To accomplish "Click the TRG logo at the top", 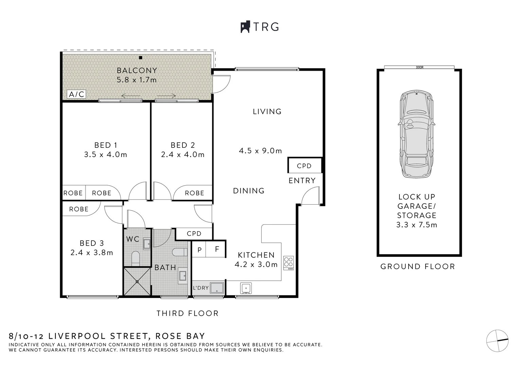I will [x=260, y=27].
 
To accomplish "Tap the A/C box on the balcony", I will [x=76, y=94].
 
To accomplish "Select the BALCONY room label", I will [x=137, y=70].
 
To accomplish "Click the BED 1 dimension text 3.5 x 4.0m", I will [x=106, y=155].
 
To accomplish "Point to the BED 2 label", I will [x=183, y=145].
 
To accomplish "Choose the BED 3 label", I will [x=92, y=243].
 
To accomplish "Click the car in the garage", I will [x=416, y=134].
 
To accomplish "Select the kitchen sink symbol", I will [x=246, y=288].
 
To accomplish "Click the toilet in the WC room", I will [x=136, y=258].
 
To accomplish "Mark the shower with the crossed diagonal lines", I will [x=137, y=281].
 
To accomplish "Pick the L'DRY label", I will [x=201, y=288].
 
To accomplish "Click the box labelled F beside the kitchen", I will [x=217, y=250].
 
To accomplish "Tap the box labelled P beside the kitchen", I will [x=199, y=250].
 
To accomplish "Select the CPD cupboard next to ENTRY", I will [x=304, y=166].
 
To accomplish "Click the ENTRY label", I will [x=302, y=181].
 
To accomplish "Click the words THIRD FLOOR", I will [x=187, y=313].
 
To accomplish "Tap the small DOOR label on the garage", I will [x=419, y=67].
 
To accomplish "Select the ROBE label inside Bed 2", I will [x=194, y=193].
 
